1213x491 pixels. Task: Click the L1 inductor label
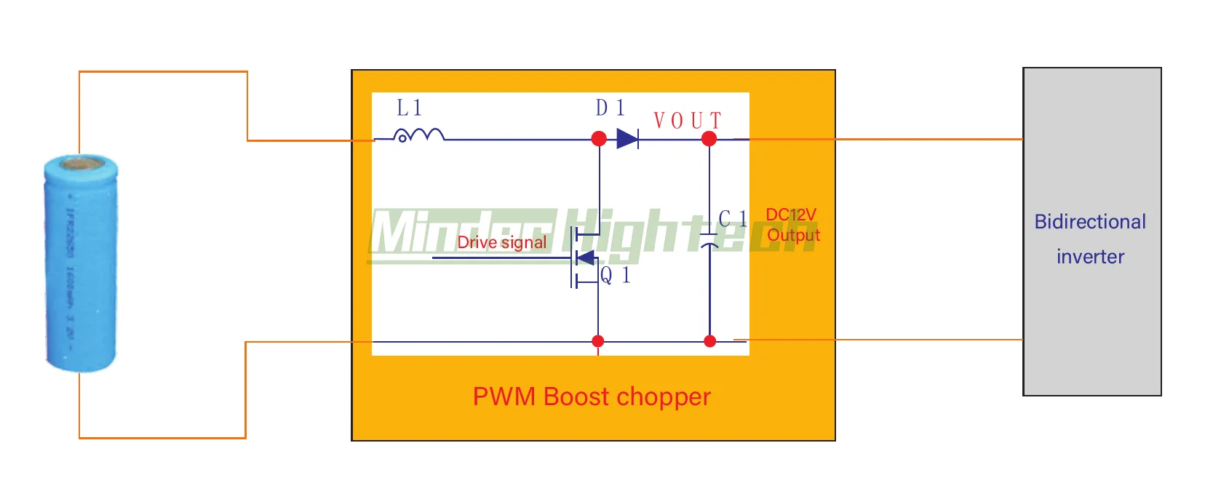coord(409,108)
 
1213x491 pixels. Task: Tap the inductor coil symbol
coord(418,135)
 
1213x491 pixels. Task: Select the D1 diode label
coord(610,108)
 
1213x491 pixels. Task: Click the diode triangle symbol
coord(627,138)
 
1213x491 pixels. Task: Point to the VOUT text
coord(687,120)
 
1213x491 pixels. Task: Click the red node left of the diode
coord(599,138)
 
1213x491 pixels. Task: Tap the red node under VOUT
coord(709,138)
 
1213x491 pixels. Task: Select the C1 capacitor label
coord(732,219)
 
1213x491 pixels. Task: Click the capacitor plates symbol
coord(709,240)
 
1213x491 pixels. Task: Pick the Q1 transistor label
coord(615,276)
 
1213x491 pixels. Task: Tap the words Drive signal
coord(501,242)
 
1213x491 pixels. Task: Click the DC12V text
coord(791,215)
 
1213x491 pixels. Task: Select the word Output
coord(793,235)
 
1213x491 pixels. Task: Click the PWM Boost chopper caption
coord(592,396)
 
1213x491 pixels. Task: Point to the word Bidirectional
coord(1090,221)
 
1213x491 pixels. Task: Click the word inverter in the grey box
coord(1090,256)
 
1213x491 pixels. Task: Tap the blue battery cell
coord(81,262)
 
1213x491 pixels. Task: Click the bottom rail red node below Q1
coord(598,341)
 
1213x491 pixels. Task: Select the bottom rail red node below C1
coord(710,341)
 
